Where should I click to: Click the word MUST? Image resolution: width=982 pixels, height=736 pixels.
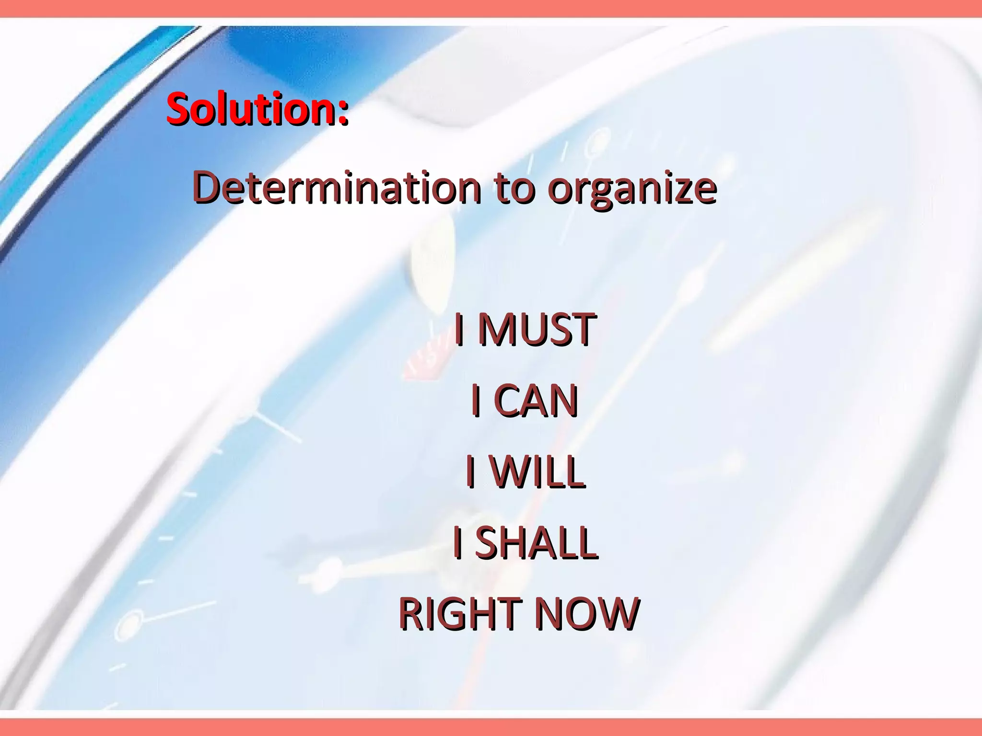[x=537, y=329]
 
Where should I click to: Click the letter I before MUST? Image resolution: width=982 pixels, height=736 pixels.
[x=459, y=329]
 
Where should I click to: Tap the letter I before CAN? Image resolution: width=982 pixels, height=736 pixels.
[x=476, y=401]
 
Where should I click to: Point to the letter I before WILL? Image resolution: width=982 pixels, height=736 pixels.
[x=471, y=471]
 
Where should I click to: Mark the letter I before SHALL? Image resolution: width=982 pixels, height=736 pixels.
[x=458, y=542]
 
